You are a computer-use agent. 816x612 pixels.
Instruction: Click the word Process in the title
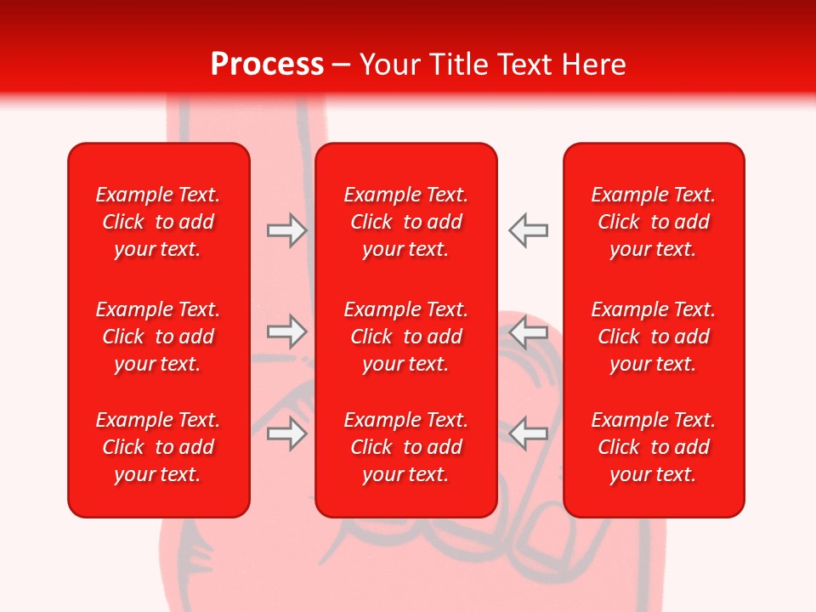(x=267, y=65)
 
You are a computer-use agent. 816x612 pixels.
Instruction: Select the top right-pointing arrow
(x=286, y=230)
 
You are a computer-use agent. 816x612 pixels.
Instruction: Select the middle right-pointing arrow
(x=286, y=331)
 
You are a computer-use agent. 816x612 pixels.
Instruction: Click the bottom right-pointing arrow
(x=286, y=433)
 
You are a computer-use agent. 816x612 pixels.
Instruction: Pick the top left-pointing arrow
(x=529, y=230)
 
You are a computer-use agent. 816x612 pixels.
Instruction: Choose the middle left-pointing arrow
(x=529, y=331)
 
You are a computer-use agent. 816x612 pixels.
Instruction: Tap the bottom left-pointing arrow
(x=529, y=433)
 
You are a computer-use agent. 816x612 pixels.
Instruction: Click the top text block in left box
(x=158, y=222)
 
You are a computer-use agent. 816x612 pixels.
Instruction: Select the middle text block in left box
(x=158, y=337)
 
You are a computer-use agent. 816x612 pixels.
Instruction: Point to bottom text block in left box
(x=158, y=447)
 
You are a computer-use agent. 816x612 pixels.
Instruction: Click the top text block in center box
(x=406, y=222)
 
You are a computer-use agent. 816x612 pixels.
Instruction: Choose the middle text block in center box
(x=406, y=337)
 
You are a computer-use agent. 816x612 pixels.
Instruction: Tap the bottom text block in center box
(x=406, y=447)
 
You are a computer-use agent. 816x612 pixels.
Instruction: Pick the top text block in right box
(x=654, y=222)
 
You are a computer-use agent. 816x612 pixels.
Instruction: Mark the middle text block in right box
(x=654, y=337)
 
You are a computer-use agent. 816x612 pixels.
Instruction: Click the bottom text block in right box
(x=654, y=447)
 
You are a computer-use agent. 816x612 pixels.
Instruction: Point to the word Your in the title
(x=389, y=65)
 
